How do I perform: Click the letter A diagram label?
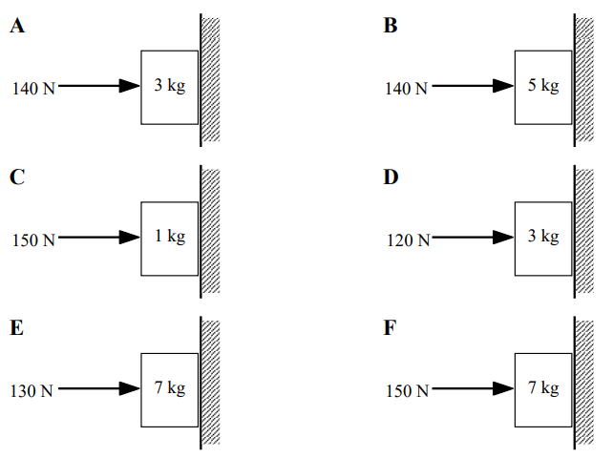click(17, 27)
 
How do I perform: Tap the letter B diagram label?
click(391, 27)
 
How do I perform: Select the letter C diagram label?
click(17, 177)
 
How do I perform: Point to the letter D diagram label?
click(391, 177)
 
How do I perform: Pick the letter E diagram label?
click(17, 328)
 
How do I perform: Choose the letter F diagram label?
click(390, 328)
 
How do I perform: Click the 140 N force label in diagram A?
click(33, 89)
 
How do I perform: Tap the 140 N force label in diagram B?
click(407, 89)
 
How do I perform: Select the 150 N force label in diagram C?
click(33, 239)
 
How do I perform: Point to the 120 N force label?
click(407, 239)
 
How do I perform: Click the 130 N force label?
click(33, 390)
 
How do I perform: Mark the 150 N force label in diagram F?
click(407, 390)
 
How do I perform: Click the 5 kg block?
click(543, 87)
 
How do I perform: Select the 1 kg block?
click(170, 238)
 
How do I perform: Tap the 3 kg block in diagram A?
click(170, 87)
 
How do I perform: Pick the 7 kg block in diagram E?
click(170, 388)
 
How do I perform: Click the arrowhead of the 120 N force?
click(503, 238)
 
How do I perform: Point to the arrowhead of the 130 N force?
click(130, 388)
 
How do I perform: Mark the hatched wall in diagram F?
click(584, 382)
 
